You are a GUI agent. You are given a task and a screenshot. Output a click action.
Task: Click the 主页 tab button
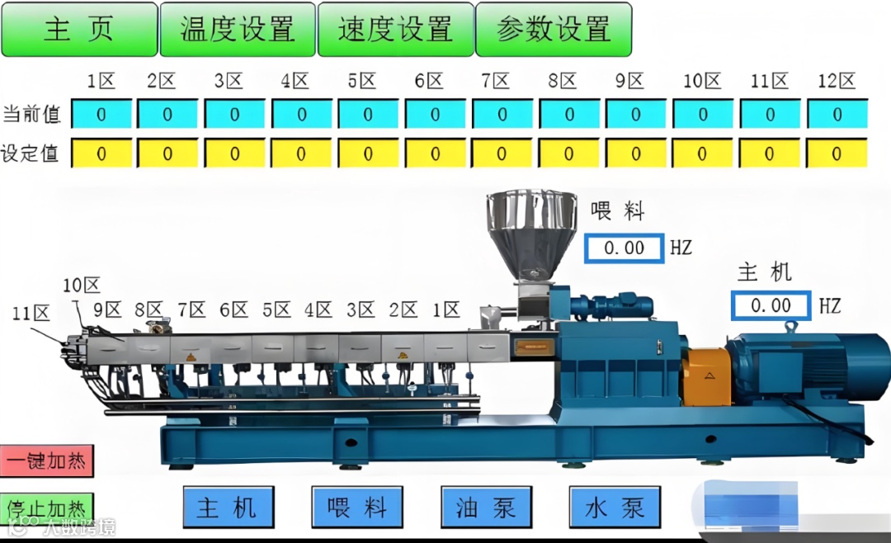point(79,29)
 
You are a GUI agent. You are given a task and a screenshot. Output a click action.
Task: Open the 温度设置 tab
point(238,29)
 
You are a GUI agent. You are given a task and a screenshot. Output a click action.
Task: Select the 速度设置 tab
point(396,29)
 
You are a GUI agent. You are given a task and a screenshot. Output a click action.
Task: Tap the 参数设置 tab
point(554,29)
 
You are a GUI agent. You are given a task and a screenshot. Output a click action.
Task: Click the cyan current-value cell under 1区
point(101,115)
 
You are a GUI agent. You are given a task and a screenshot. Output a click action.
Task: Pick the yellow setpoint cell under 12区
point(837,153)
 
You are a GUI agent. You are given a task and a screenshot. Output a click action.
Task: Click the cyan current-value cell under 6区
point(436,115)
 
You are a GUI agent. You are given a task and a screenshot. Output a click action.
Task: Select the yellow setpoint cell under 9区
point(636,153)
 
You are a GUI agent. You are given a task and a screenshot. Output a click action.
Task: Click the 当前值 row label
point(31,115)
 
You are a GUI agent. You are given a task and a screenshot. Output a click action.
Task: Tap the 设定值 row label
point(31,153)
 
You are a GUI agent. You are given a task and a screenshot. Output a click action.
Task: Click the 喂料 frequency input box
point(624,248)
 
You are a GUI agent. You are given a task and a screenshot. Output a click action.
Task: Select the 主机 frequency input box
point(771,305)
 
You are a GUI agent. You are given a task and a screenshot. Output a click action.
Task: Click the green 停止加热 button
point(46,507)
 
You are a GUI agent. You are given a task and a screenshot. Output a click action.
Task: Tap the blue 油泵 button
point(486,507)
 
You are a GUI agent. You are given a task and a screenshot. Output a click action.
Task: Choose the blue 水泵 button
point(615,507)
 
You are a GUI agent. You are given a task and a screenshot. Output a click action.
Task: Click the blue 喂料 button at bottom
point(357,507)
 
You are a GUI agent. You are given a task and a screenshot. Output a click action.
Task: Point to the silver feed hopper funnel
point(531,231)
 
